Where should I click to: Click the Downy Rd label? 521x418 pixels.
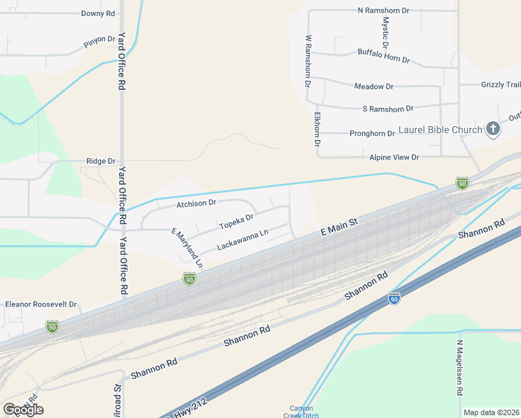click(98, 13)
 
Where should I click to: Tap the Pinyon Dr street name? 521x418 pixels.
click(99, 40)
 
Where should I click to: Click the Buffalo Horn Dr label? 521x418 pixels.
click(383, 56)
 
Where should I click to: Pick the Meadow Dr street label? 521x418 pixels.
click(374, 86)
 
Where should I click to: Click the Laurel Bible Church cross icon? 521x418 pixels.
click(493, 128)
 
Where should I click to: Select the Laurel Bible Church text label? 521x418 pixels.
click(440, 130)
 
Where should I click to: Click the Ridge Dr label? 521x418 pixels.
click(100, 161)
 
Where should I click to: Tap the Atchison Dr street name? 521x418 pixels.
click(196, 203)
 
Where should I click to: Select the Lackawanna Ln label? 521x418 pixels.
click(242, 241)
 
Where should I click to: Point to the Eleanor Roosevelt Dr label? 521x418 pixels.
click(40, 304)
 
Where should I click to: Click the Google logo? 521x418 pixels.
click(23, 409)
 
